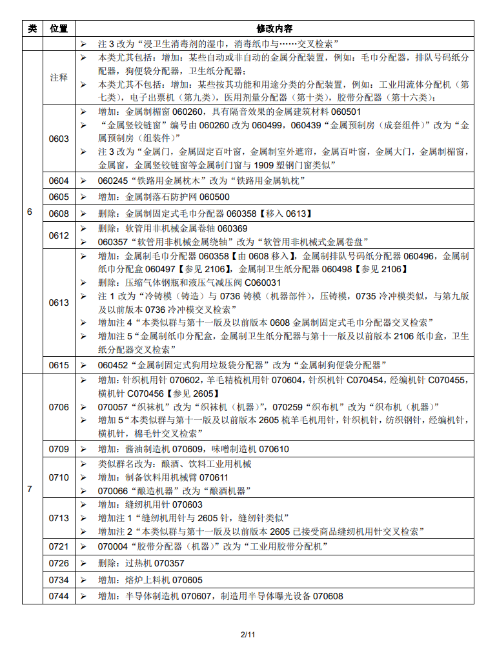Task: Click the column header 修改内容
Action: tap(274, 28)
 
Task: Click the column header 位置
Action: tap(59, 28)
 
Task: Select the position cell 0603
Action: tap(59, 139)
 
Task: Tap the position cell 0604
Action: tap(59, 181)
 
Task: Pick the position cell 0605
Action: tap(59, 197)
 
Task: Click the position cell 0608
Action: tap(59, 213)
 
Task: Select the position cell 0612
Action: tap(59, 235)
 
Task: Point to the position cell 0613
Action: tap(59, 303)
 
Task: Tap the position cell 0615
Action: tap(59, 365)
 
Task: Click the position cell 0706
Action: tap(59, 407)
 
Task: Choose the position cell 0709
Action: tap(59, 449)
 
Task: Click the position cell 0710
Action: tap(59, 477)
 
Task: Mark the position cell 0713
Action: tap(59, 518)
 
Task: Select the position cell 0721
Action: tap(59, 547)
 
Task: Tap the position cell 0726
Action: tap(59, 564)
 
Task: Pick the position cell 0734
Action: tap(59, 580)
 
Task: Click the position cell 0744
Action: tap(59, 596)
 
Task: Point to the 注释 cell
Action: tap(59, 77)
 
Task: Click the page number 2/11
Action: tap(249, 635)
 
